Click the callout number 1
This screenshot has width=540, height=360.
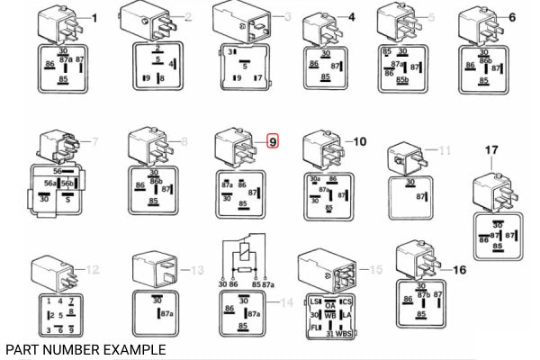[95, 18]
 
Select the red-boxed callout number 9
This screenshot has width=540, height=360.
[274, 141]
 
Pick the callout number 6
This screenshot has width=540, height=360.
[512, 18]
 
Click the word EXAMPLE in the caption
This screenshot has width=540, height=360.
[134, 348]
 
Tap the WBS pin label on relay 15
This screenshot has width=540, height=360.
[344, 335]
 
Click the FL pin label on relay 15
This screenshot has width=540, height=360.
[315, 328]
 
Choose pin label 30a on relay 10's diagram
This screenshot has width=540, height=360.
[314, 179]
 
